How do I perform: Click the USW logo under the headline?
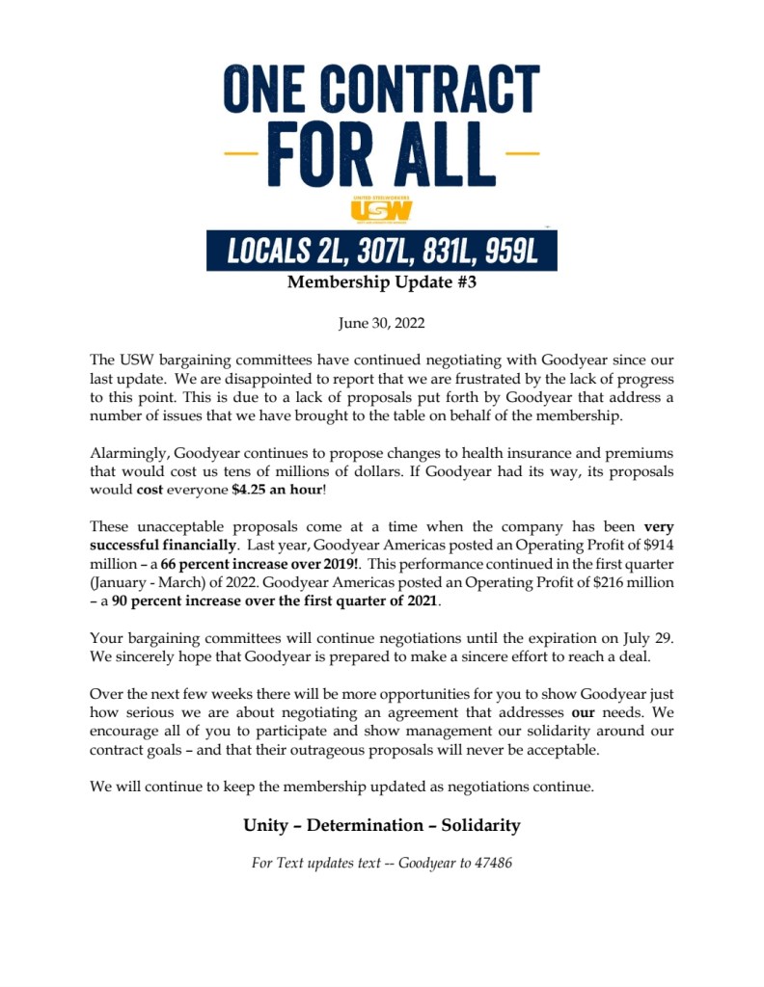tap(382, 208)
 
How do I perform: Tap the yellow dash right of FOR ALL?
tap(522, 153)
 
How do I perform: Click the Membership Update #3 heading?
tap(382, 283)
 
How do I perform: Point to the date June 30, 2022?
tap(382, 324)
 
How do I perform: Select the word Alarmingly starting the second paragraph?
tap(128, 453)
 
